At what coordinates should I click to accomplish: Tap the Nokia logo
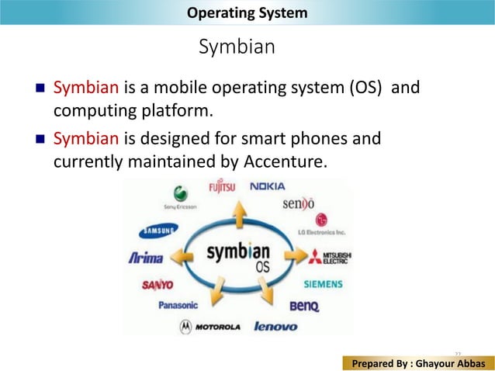pyautogui.click(x=267, y=186)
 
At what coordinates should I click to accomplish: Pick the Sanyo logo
pyautogui.click(x=156, y=284)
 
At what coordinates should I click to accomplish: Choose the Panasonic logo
pyautogui.click(x=178, y=305)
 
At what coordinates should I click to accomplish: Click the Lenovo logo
pyautogui.click(x=275, y=327)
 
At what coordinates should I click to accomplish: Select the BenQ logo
pyautogui.click(x=304, y=307)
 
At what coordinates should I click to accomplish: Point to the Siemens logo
pyautogui.click(x=323, y=284)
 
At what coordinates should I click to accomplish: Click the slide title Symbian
pyautogui.click(x=237, y=47)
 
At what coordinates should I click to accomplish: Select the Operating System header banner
pyautogui.click(x=247, y=12)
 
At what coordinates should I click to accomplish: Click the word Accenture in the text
pyautogui.click(x=288, y=162)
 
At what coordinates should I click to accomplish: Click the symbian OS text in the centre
pyautogui.click(x=239, y=256)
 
